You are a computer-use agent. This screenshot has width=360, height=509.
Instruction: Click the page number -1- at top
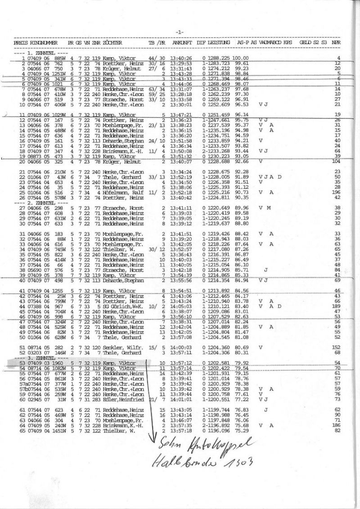point(180,32)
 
